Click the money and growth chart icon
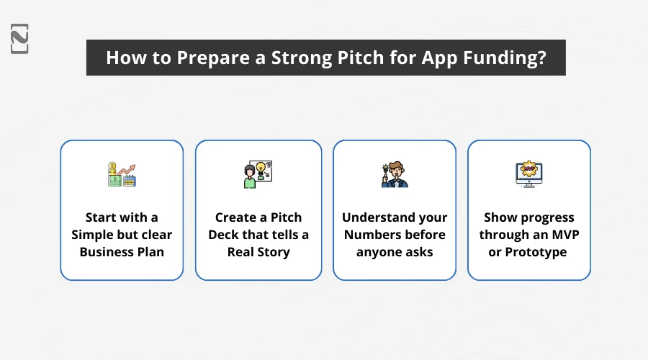tap(121, 175)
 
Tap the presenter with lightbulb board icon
tap(258, 175)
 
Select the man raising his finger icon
tap(394, 175)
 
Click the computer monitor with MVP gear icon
tap(528, 175)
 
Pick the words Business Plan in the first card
tap(122, 252)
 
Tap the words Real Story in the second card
tap(258, 252)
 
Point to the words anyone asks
tap(395, 252)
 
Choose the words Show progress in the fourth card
tap(528, 217)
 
